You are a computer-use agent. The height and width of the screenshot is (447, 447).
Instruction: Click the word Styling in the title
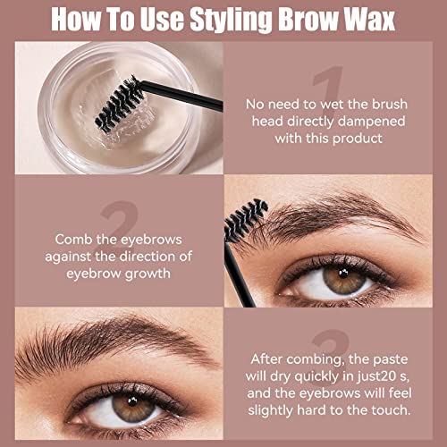231,20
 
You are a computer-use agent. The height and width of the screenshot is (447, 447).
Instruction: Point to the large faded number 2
119,224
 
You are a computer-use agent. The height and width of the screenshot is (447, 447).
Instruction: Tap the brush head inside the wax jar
119,105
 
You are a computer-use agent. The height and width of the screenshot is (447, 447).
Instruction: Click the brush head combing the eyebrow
245,219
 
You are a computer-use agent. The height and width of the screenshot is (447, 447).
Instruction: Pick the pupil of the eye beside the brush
343,274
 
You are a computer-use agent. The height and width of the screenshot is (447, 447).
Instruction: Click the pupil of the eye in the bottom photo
132,401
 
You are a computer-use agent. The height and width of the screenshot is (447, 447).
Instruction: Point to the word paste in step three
391,360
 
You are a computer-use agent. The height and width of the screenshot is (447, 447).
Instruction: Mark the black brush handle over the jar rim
181,96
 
